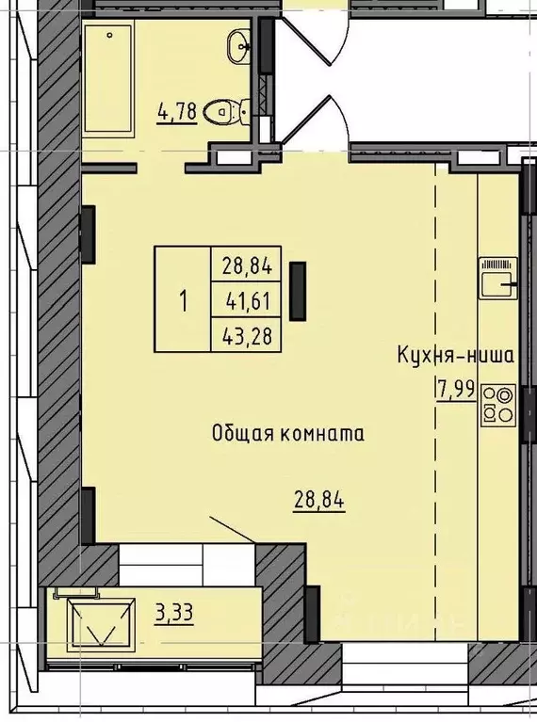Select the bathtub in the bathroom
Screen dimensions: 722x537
pyautogui.click(x=114, y=81)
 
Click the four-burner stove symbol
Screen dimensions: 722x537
pyautogui.click(x=498, y=404)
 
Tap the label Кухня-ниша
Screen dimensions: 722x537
pyautogui.click(x=455, y=356)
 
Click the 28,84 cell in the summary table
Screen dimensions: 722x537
pyautogui.click(x=247, y=267)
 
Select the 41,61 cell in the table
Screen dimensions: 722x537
pyautogui.click(x=247, y=301)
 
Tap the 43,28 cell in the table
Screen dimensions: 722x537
pyautogui.click(x=247, y=335)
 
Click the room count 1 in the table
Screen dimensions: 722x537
pyautogui.click(x=182, y=301)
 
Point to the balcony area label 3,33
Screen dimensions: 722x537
pyautogui.click(x=173, y=614)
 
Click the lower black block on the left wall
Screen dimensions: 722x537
pyautogui.click(x=89, y=515)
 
